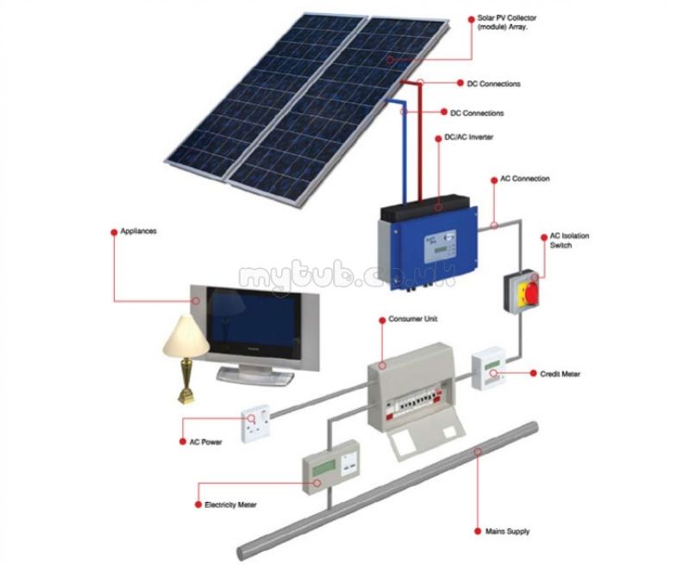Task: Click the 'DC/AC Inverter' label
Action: pos(468,137)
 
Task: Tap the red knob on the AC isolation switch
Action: pos(531,293)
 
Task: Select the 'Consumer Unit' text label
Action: pos(413,319)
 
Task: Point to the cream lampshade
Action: pos(185,336)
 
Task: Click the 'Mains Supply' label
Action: pos(507,531)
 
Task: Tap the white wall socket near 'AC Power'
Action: pos(255,424)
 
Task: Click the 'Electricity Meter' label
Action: pos(230,505)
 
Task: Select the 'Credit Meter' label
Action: pos(560,374)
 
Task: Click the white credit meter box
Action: pos(489,368)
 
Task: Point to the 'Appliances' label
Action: pos(138,231)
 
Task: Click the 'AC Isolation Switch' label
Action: pos(569,241)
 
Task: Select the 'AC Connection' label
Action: pos(525,179)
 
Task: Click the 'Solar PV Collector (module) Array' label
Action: pos(506,22)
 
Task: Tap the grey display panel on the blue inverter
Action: pos(440,248)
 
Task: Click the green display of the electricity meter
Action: pos(325,469)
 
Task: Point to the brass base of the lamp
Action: pos(186,381)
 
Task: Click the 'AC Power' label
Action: pos(205,443)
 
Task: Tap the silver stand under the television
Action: pos(255,375)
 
